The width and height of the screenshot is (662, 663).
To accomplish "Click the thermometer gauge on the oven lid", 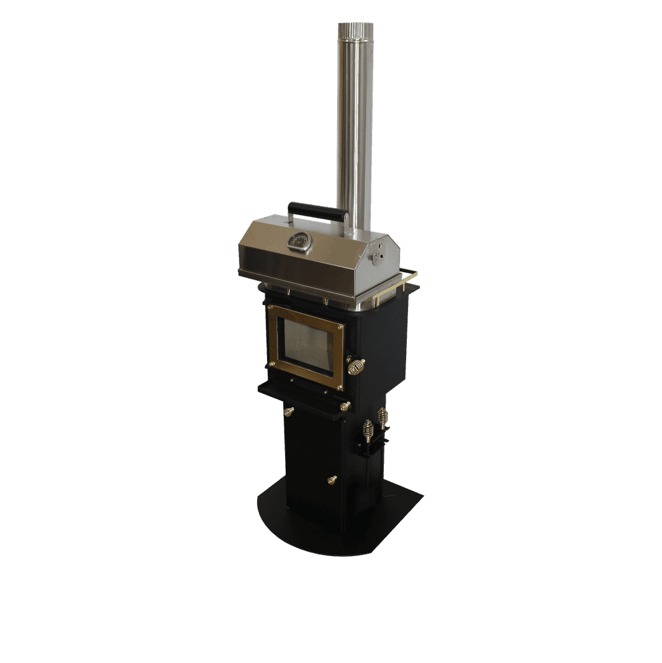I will pyautogui.click(x=300, y=242).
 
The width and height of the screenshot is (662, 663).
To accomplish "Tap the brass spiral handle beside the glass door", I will pyautogui.click(x=356, y=366).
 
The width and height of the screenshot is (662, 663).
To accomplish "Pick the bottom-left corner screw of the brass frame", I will pyautogui.click(x=271, y=364).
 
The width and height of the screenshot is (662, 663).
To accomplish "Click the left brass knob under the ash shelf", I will pyautogui.click(x=289, y=411).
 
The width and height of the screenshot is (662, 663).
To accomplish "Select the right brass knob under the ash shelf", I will pyautogui.click(x=345, y=406).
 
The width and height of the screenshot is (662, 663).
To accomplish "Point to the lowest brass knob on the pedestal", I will pyautogui.click(x=332, y=480).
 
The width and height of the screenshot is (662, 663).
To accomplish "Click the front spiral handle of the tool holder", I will pyautogui.click(x=368, y=430).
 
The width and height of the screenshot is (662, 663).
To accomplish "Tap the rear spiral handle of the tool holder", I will pyautogui.click(x=383, y=416).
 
